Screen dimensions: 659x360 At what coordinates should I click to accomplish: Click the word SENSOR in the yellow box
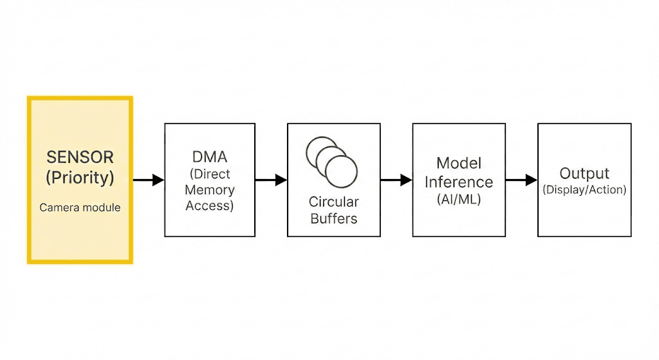80,157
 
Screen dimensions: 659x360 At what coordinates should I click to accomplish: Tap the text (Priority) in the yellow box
80,178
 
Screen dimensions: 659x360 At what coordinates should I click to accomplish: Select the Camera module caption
80,207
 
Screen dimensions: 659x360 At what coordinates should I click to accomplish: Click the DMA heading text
210,157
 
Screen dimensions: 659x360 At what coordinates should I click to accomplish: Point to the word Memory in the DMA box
210,190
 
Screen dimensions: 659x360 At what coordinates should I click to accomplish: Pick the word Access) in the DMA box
210,205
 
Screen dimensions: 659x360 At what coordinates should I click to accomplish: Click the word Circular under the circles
334,202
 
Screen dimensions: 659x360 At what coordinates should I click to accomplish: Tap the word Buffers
334,219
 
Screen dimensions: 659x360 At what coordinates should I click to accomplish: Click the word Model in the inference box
459,163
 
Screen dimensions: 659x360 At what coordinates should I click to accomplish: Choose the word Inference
459,182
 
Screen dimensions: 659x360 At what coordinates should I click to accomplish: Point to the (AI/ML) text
459,200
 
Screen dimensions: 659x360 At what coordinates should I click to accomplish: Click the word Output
584,173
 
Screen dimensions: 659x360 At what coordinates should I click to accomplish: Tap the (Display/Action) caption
584,190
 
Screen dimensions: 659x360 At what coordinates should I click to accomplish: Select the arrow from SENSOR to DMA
149,180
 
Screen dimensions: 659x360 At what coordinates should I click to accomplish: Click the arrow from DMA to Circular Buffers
271,180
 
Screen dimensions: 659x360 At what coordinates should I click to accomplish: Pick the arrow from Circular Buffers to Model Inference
396,180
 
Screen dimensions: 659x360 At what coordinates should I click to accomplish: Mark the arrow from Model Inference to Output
521,180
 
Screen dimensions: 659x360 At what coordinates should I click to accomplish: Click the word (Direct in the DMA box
210,174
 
